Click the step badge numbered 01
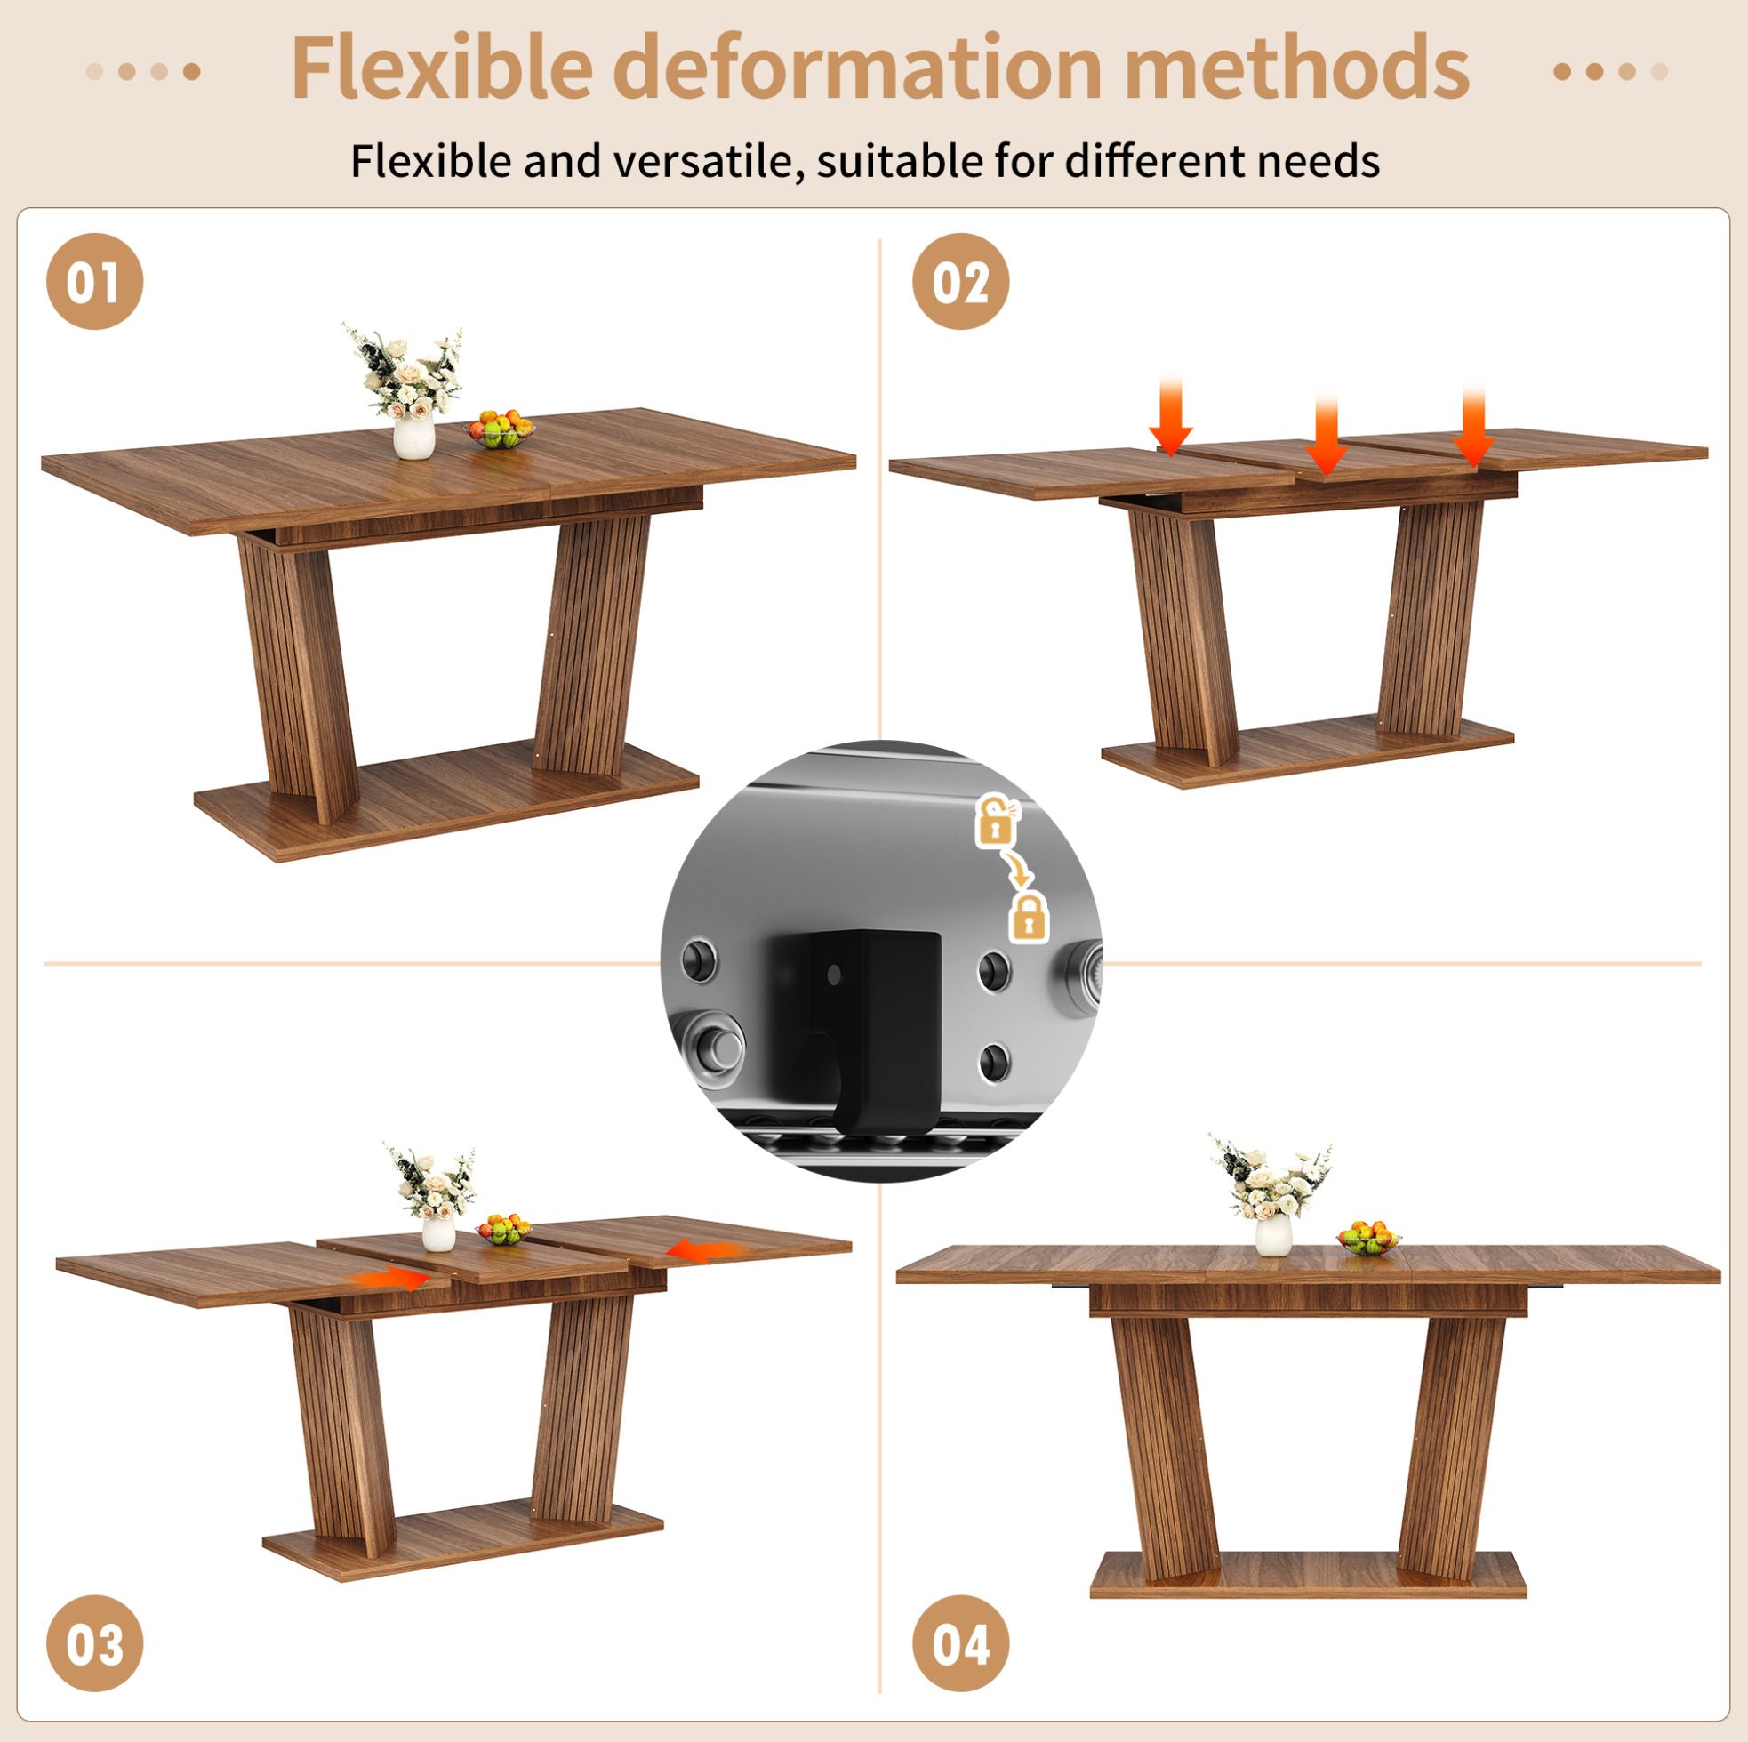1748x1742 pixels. [x=95, y=281]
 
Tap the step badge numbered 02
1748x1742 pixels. [x=961, y=281]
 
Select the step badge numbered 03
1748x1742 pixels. [x=95, y=1643]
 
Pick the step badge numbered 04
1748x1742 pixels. [x=961, y=1643]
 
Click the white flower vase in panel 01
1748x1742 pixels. [x=414, y=437]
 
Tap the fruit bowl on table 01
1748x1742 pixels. [x=500, y=429]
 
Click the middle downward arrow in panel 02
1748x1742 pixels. [x=1327, y=431]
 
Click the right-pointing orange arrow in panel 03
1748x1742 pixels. [x=390, y=1279]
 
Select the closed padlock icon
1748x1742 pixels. [x=1030, y=918]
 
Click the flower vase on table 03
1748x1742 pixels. [x=439, y=1232]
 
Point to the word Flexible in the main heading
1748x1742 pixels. [x=443, y=67]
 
